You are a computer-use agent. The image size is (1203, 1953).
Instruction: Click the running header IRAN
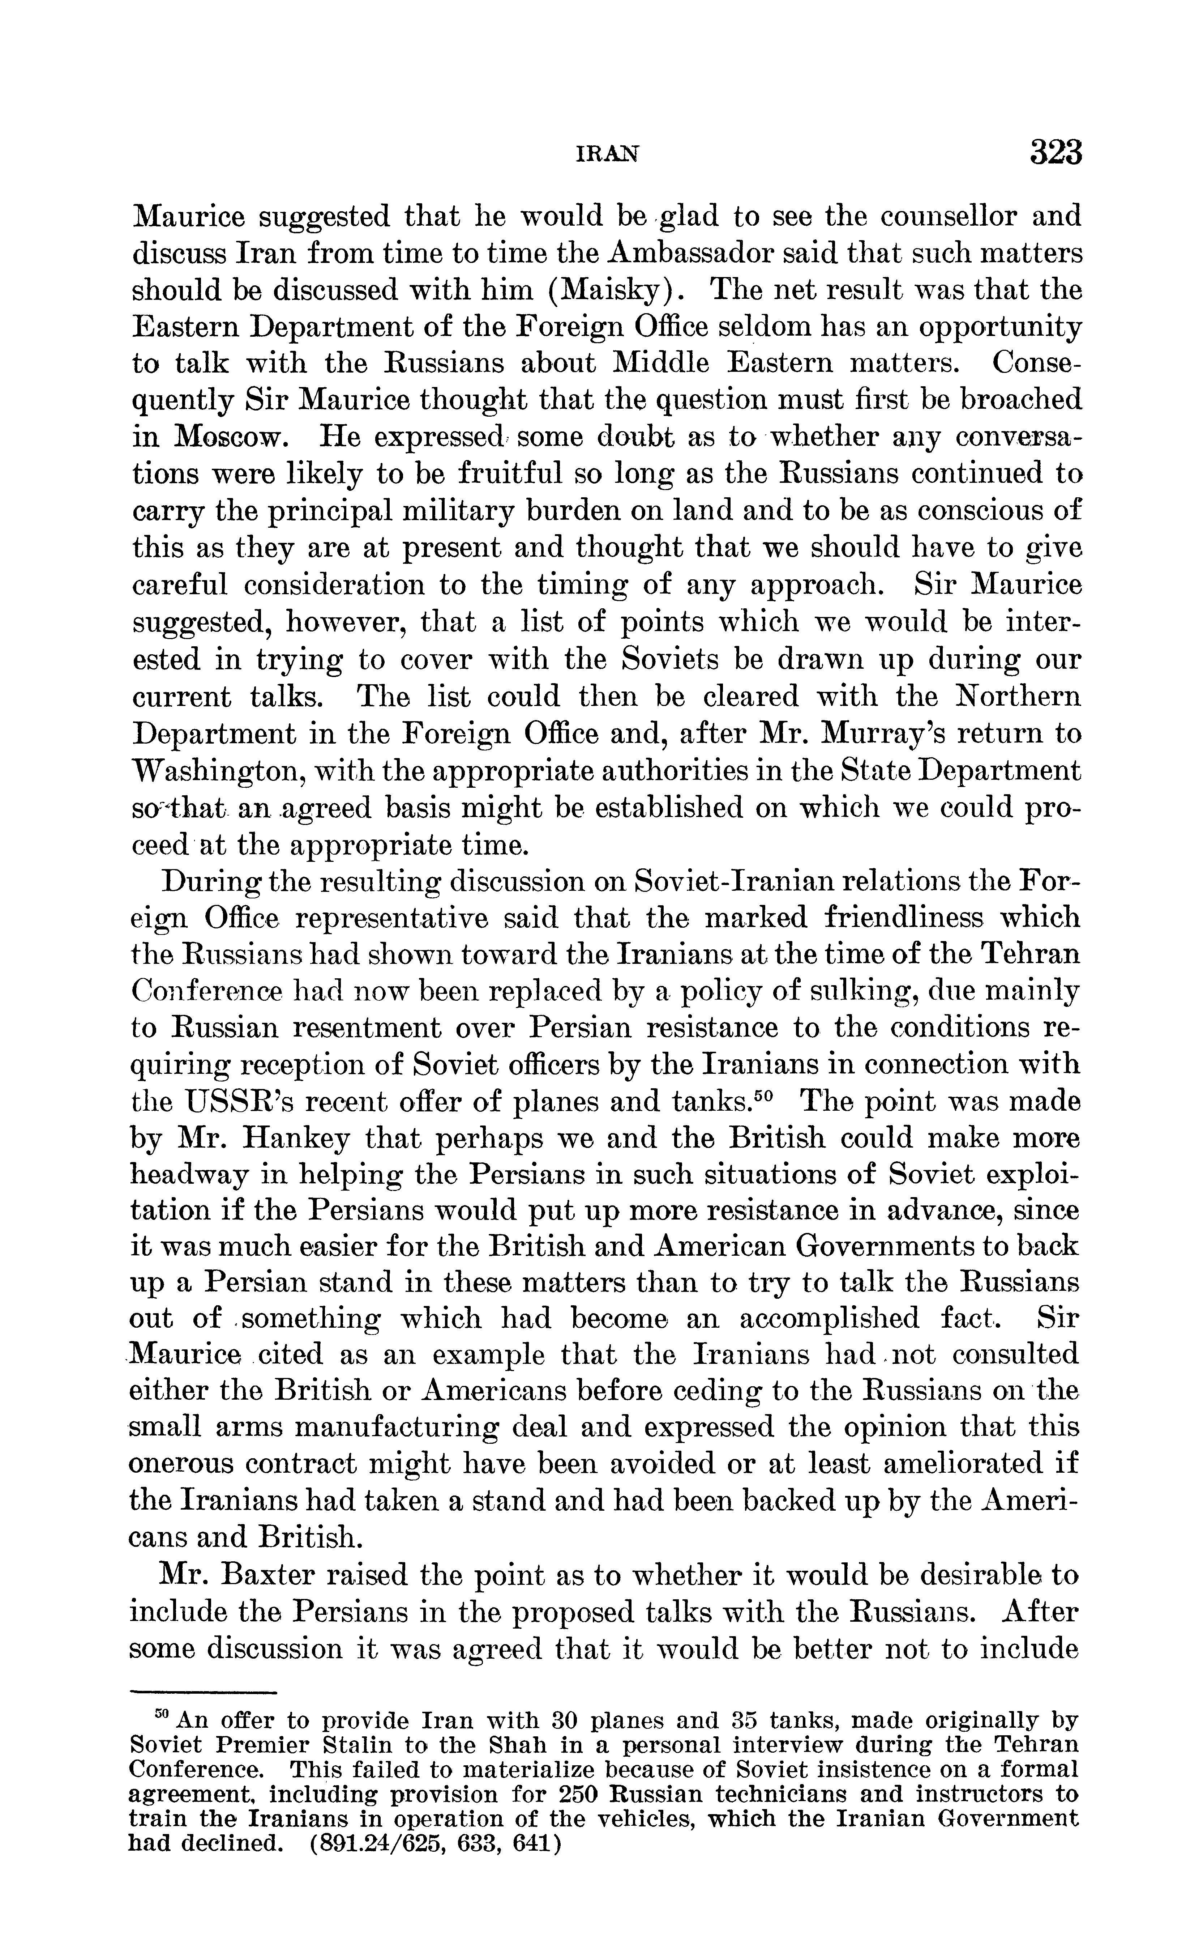(x=607, y=154)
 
